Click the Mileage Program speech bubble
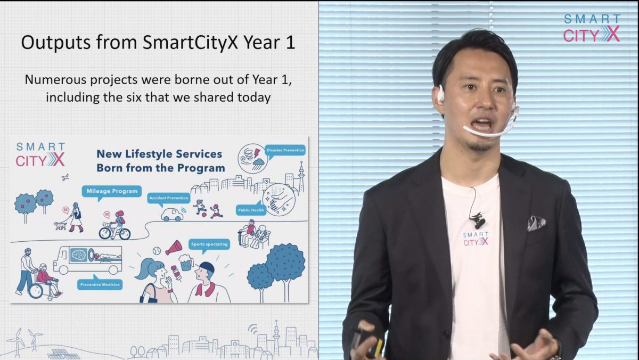[x=112, y=191]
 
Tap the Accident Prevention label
[x=169, y=198]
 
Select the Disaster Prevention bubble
[x=285, y=150]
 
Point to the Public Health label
[x=251, y=210]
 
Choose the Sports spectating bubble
[x=209, y=244]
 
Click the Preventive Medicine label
[x=100, y=284]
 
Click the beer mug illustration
[x=186, y=263]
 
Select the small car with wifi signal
[x=174, y=215]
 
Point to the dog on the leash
[x=60, y=226]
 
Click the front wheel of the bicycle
[x=105, y=233]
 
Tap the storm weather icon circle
[x=253, y=159]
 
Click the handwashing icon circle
[x=279, y=200]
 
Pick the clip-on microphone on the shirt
[x=478, y=220]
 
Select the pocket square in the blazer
[x=536, y=223]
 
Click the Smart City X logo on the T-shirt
[x=476, y=239]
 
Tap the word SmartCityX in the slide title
[x=190, y=43]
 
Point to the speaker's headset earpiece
[x=440, y=93]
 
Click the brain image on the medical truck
[x=78, y=255]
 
